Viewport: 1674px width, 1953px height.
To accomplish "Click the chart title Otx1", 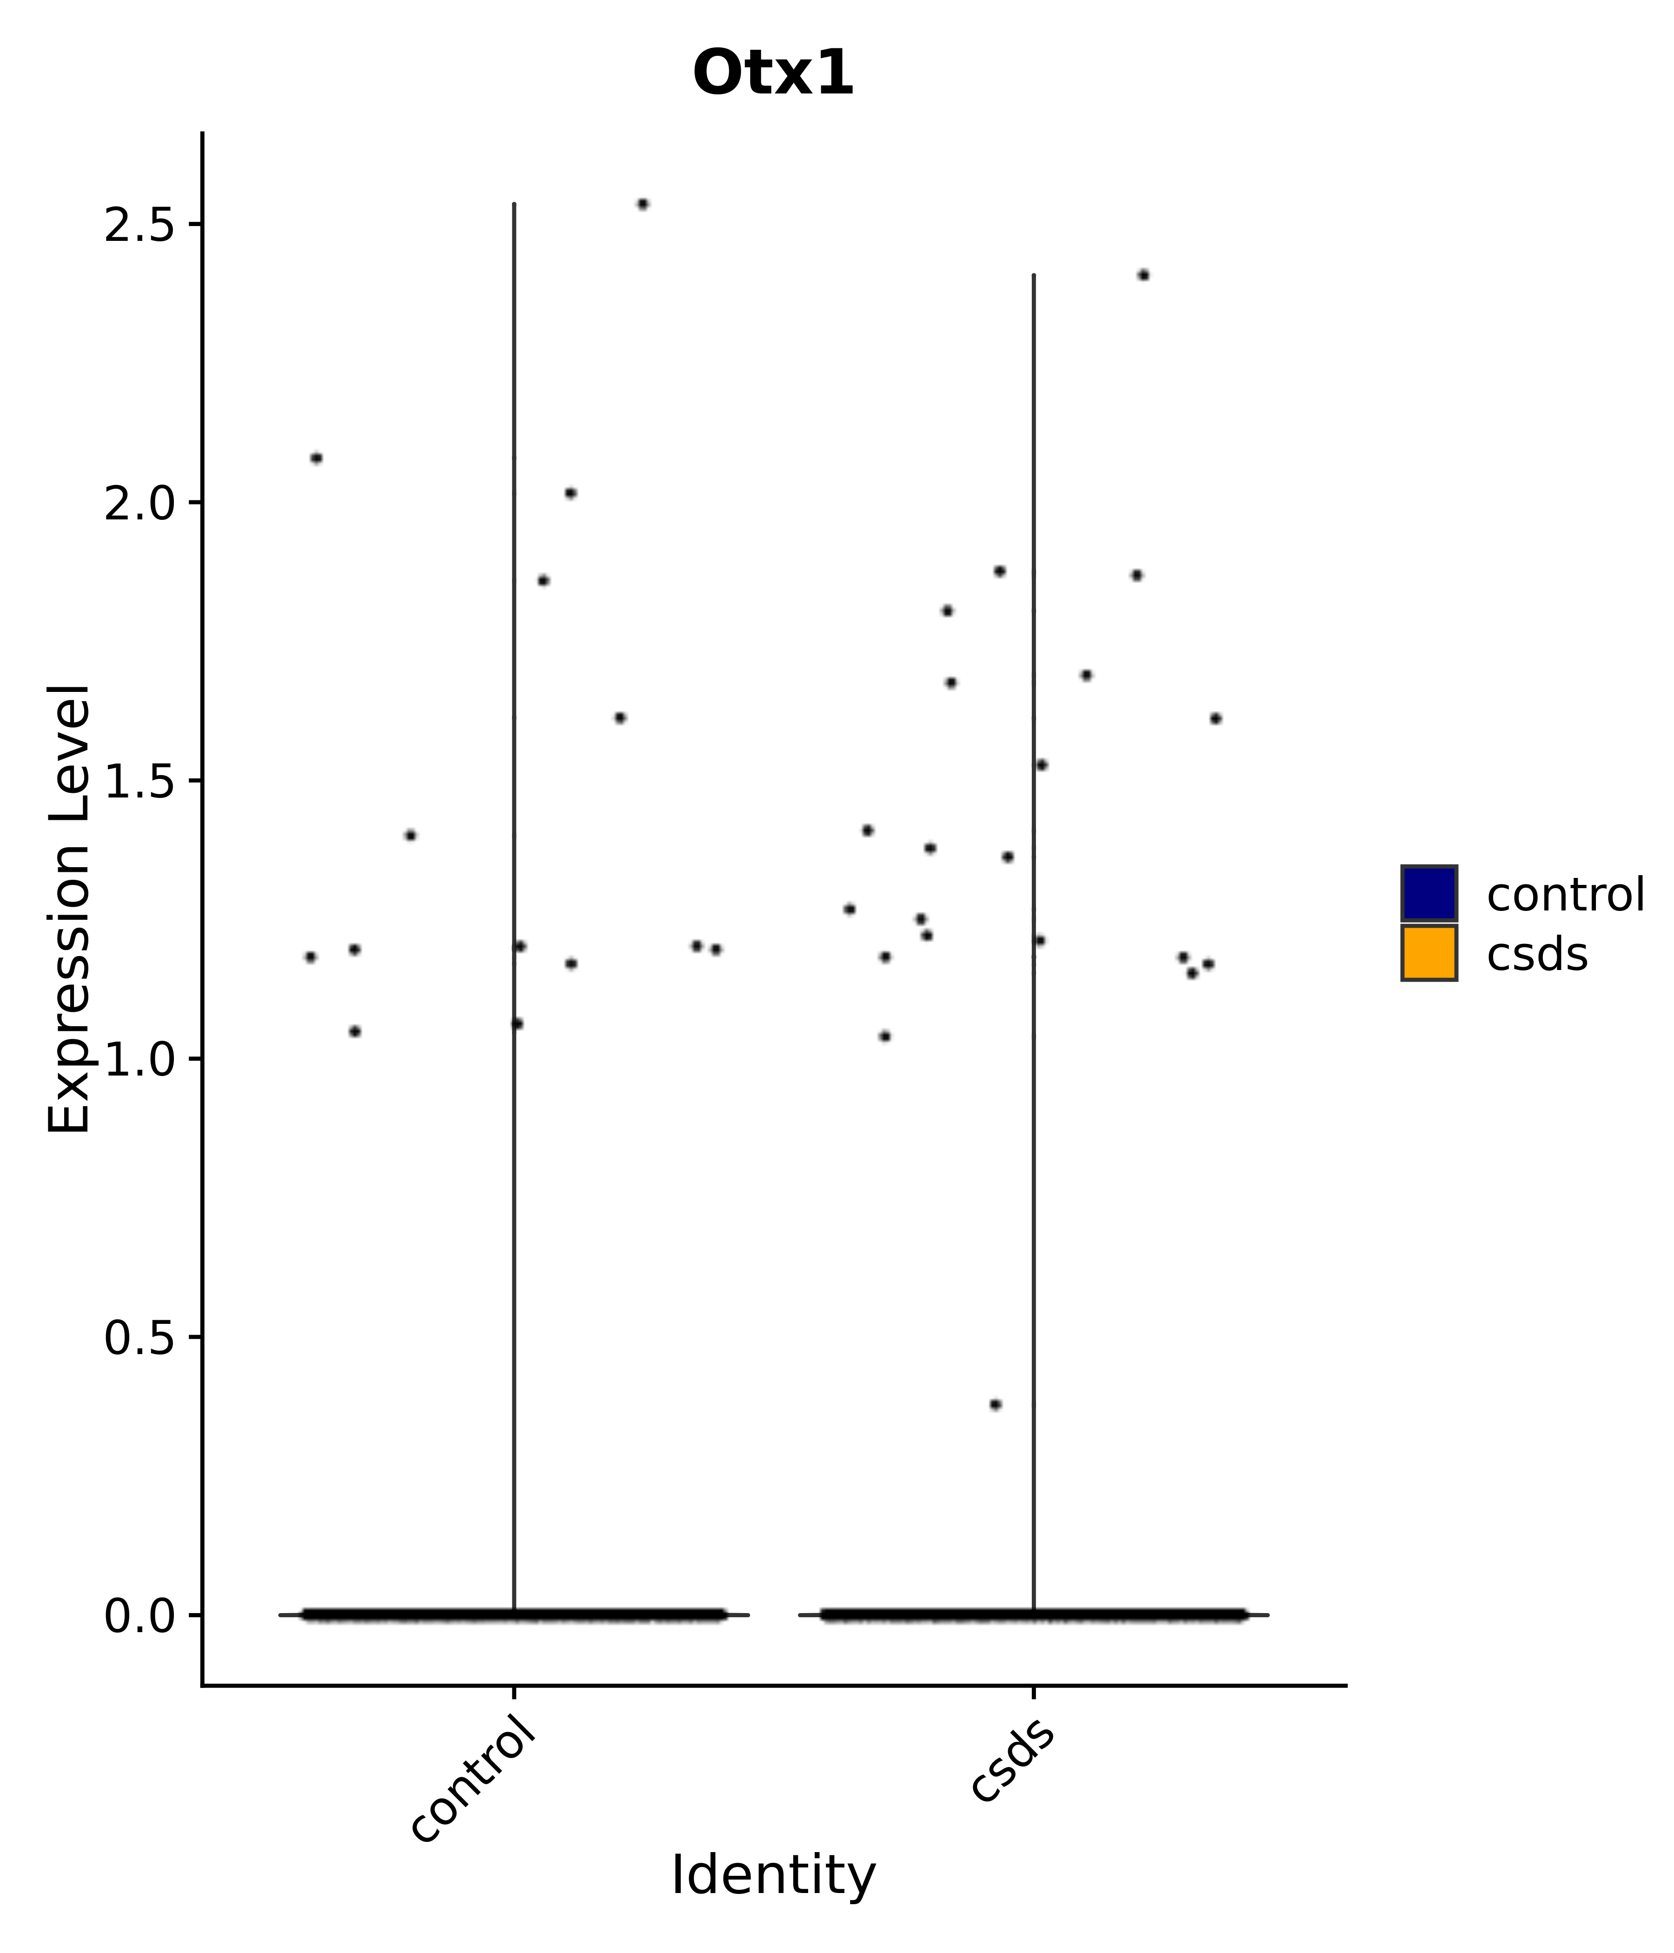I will pyautogui.click(x=773, y=73).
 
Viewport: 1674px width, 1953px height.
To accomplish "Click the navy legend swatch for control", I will pyautogui.click(x=1428, y=893).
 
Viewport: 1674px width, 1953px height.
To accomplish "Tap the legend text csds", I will pyautogui.click(x=1536, y=955).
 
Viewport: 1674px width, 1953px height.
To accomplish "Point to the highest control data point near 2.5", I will pyautogui.click(x=643, y=204).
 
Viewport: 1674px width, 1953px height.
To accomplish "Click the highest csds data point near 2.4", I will pyautogui.click(x=1143, y=275).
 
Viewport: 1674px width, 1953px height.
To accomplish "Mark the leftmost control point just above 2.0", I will pyautogui.click(x=317, y=458).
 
